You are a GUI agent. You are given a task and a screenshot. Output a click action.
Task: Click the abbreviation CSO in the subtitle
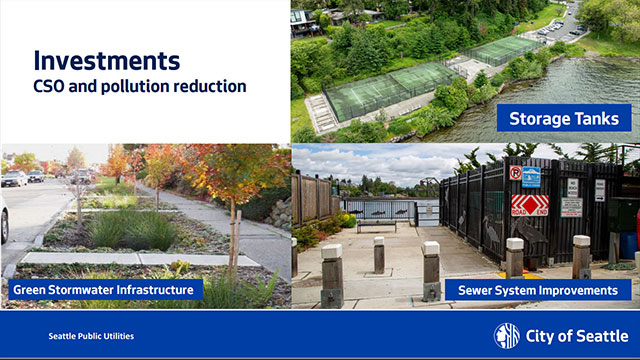[x=53, y=86]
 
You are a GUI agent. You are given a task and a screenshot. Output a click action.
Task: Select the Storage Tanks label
[x=563, y=119]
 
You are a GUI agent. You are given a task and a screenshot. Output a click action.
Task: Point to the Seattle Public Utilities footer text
[x=91, y=336]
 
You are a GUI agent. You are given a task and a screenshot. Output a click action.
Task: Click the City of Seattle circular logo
[x=506, y=335]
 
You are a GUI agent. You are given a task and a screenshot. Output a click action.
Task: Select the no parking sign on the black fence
[x=514, y=173]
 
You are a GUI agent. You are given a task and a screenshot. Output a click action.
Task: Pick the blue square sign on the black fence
[x=531, y=177]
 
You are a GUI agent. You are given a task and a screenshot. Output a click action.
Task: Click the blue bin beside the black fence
[x=628, y=245]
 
